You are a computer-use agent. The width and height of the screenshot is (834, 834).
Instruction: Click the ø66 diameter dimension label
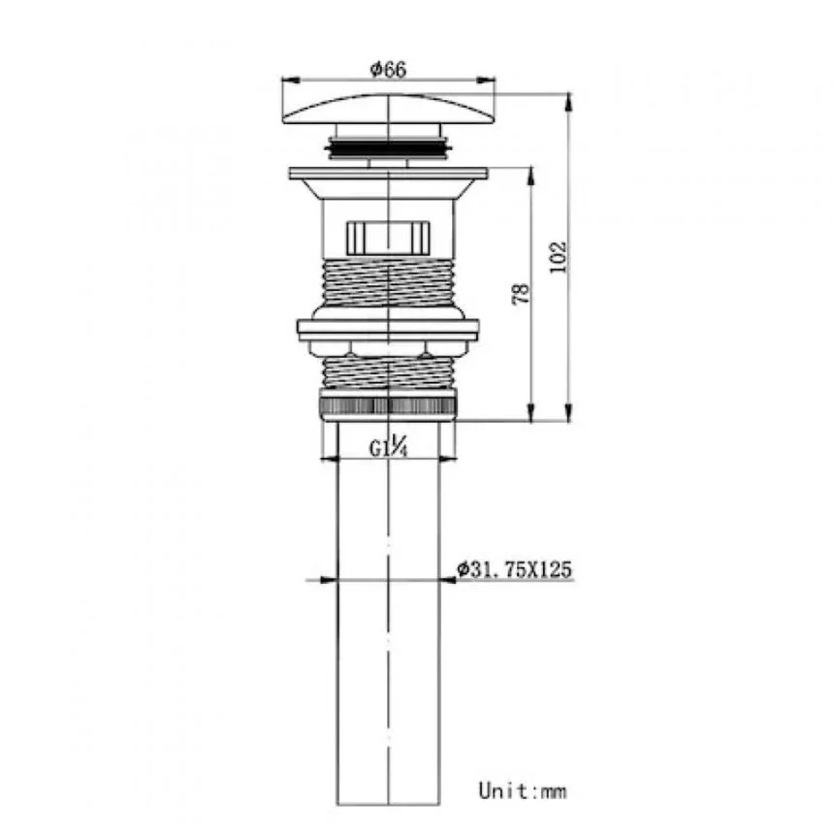tap(388, 69)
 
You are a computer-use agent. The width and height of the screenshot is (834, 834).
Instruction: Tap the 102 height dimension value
tap(558, 257)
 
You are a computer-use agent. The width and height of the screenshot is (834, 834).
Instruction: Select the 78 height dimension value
tap(522, 294)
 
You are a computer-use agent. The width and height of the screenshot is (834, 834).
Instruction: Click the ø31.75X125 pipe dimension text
tap(514, 569)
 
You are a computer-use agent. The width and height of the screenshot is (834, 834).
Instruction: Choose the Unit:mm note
tap(523, 791)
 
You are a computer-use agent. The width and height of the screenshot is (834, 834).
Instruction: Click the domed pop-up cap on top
tap(389, 109)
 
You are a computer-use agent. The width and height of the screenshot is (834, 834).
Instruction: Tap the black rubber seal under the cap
tap(389, 146)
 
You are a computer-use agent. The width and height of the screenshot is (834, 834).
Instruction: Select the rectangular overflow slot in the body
tap(388, 238)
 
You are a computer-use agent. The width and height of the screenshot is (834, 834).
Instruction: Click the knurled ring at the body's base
tap(389, 404)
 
